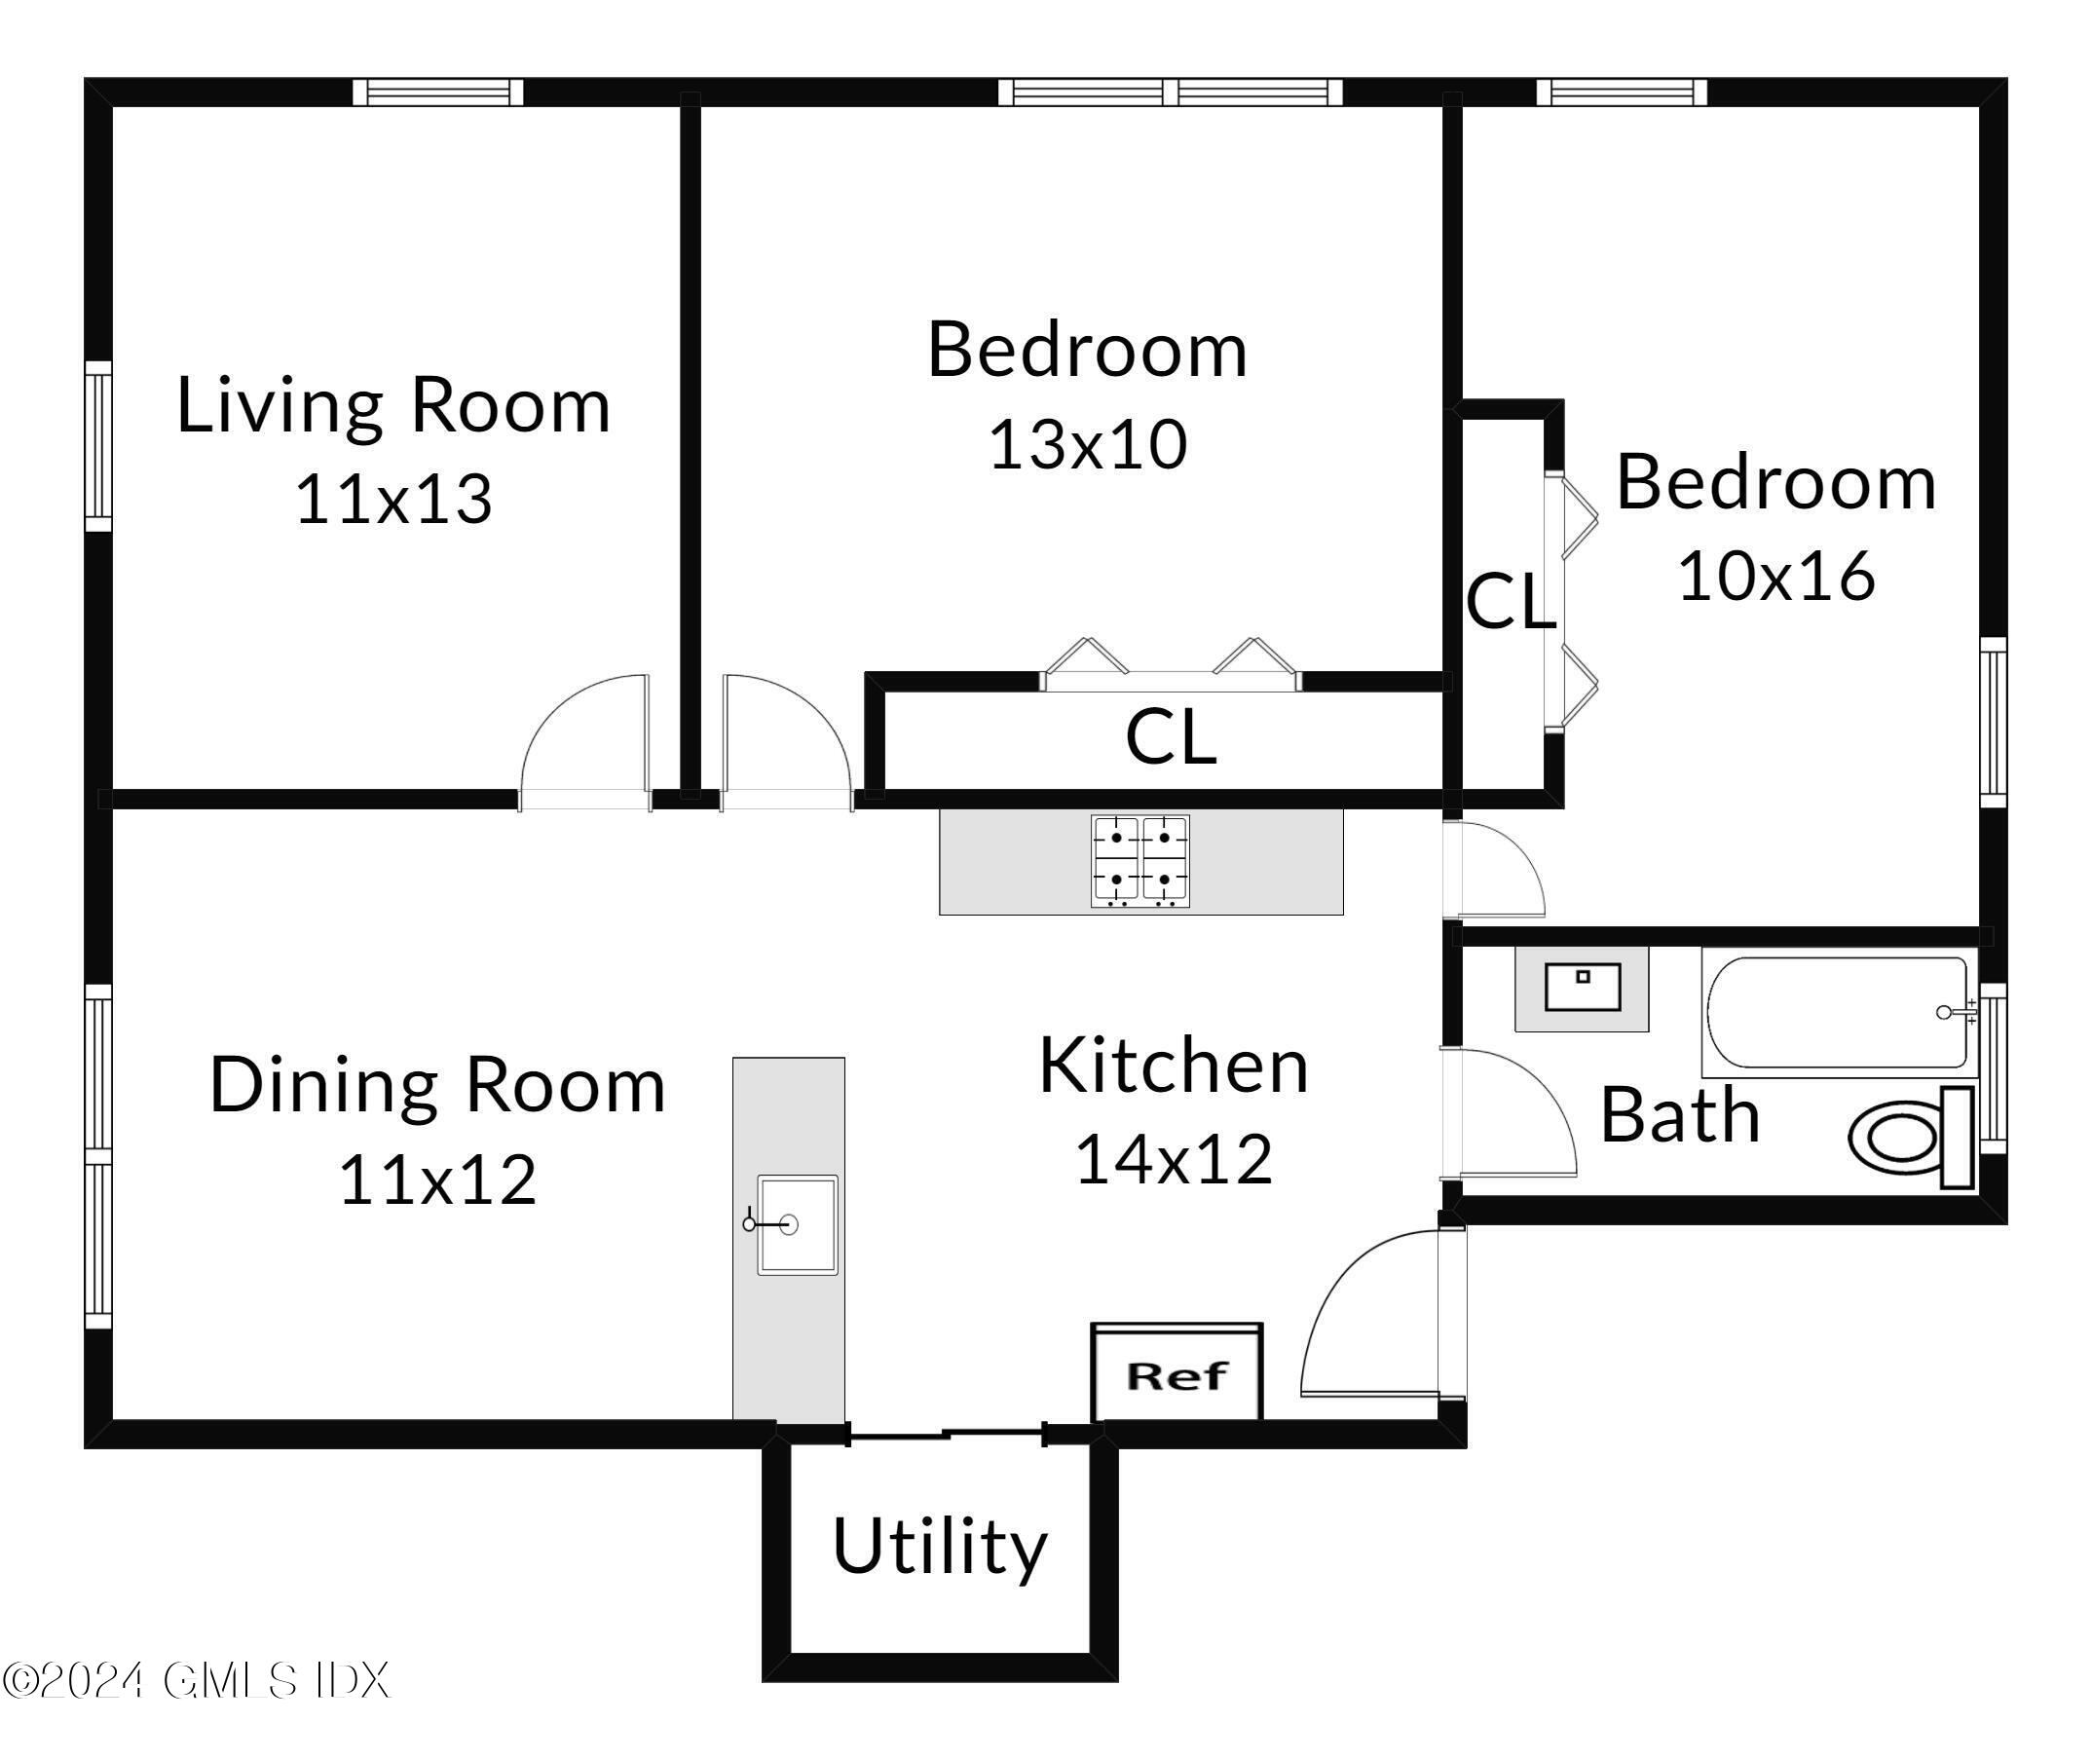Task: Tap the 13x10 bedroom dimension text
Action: point(1088,444)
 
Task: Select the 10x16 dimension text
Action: point(1775,576)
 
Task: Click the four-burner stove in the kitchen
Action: point(1140,861)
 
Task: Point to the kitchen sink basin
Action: point(797,1224)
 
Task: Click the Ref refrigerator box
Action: point(1177,1375)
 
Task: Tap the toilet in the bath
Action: point(1911,1138)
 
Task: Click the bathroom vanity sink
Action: point(1583,988)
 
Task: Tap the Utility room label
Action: point(940,1546)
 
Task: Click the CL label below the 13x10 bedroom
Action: point(1171,737)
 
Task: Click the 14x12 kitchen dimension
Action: point(1174,1158)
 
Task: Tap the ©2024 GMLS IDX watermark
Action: point(196,1680)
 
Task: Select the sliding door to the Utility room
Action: point(946,1435)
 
